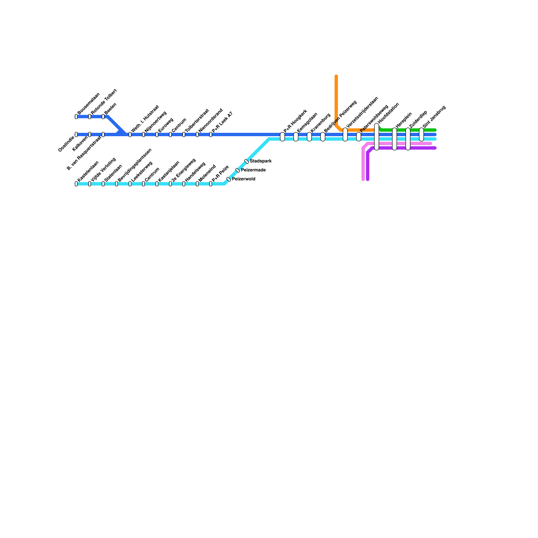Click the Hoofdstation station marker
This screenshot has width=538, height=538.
coord(377,137)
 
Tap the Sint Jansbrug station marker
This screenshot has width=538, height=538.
coord(421,134)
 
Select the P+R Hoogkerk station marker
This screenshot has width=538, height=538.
coord(282,137)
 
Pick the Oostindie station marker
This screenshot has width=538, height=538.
coord(76,134)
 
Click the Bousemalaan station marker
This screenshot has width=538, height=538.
coord(76,117)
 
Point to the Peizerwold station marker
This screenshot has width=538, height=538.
coord(229,179)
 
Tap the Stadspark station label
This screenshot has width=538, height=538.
coord(261,161)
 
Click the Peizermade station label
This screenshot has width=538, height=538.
coord(253,170)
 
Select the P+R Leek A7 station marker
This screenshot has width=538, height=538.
coord(211,134)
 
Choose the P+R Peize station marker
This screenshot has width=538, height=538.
coord(211,184)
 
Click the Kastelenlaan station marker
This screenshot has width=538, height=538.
coord(76,184)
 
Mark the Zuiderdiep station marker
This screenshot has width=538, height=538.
coord(408,139)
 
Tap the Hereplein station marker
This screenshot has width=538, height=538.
coord(394,139)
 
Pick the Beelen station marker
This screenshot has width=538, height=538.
coord(103,117)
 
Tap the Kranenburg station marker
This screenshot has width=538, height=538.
coord(309,137)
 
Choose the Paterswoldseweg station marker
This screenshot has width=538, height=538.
coord(359,137)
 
